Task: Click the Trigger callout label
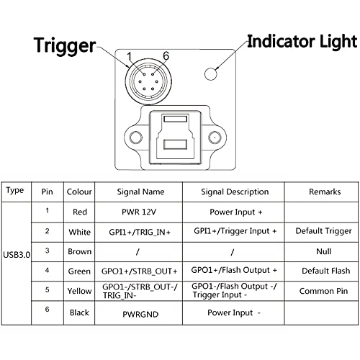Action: [65, 46]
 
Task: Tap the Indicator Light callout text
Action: [302, 41]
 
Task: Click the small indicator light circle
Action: [211, 73]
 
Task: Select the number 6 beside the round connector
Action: [166, 56]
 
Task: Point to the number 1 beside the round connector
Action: [130, 57]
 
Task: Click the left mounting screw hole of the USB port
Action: [136, 138]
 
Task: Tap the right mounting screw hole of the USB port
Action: [215, 138]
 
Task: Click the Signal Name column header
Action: [140, 192]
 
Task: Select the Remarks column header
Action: [325, 192]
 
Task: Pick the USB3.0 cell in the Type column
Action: [17, 255]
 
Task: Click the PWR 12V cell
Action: [139, 212]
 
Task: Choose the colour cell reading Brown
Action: [80, 251]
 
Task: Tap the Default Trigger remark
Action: [323, 231]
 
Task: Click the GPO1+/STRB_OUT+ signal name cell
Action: [140, 271]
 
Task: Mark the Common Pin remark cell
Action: [323, 291]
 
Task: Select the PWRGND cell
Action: [140, 315]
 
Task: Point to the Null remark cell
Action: [324, 251]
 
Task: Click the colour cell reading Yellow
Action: [79, 291]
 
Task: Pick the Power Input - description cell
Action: [234, 312]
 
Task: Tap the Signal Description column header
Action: [235, 192]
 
